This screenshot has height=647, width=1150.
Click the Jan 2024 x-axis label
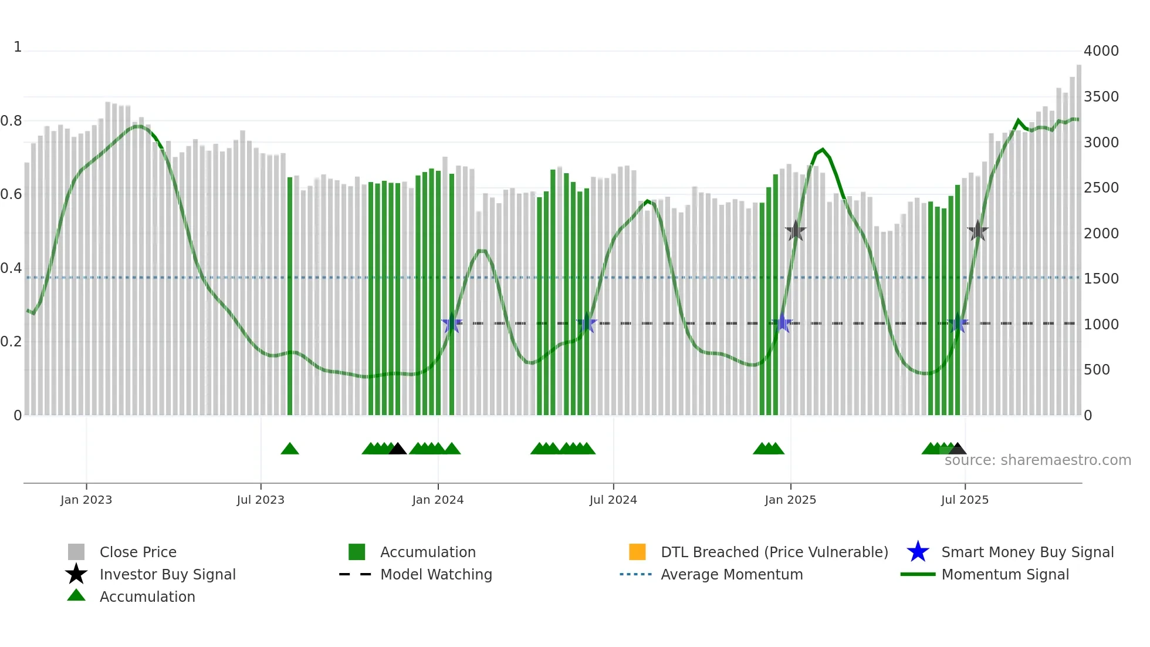438,500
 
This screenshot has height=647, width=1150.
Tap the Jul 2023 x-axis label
261,500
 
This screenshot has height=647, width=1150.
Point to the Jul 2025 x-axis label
965,500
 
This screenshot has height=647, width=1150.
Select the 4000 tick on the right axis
1101,51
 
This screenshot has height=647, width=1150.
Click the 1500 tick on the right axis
1101,279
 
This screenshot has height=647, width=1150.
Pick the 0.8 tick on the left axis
11,121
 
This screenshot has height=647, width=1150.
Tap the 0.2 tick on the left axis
11,342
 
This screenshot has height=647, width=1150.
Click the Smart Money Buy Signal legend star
918,552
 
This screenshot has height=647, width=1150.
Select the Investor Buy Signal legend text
167,574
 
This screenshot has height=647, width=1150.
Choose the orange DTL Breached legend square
637,552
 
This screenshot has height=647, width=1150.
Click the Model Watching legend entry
436,574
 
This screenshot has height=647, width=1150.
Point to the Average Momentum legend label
732,574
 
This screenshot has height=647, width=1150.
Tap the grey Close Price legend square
76,552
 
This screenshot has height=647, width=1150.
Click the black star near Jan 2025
796,231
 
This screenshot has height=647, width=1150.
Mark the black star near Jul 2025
978,231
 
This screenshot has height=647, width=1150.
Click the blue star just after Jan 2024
452,323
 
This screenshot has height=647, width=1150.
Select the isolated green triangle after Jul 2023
290,449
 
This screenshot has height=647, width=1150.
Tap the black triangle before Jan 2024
397,449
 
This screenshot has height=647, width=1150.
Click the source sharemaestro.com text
1037,460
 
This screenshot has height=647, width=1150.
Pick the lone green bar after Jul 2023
290,296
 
